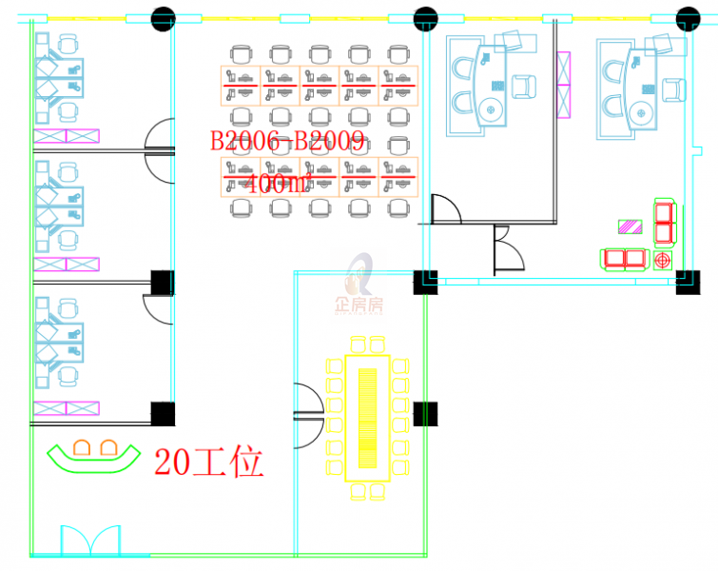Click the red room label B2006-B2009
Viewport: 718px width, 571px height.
[x=287, y=143]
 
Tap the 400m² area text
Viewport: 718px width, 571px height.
[x=278, y=184]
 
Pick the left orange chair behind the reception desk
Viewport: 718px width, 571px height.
[x=82, y=446]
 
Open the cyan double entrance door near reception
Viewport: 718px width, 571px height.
[x=90, y=540]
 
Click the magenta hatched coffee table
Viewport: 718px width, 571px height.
[x=631, y=226]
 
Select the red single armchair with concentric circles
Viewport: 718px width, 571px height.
[x=663, y=258]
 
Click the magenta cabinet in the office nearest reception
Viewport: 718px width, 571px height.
[x=67, y=408]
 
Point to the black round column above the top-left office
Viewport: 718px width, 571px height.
[x=164, y=17]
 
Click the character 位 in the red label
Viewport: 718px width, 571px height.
[x=247, y=463]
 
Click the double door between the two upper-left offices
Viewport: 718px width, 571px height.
[x=159, y=149]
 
